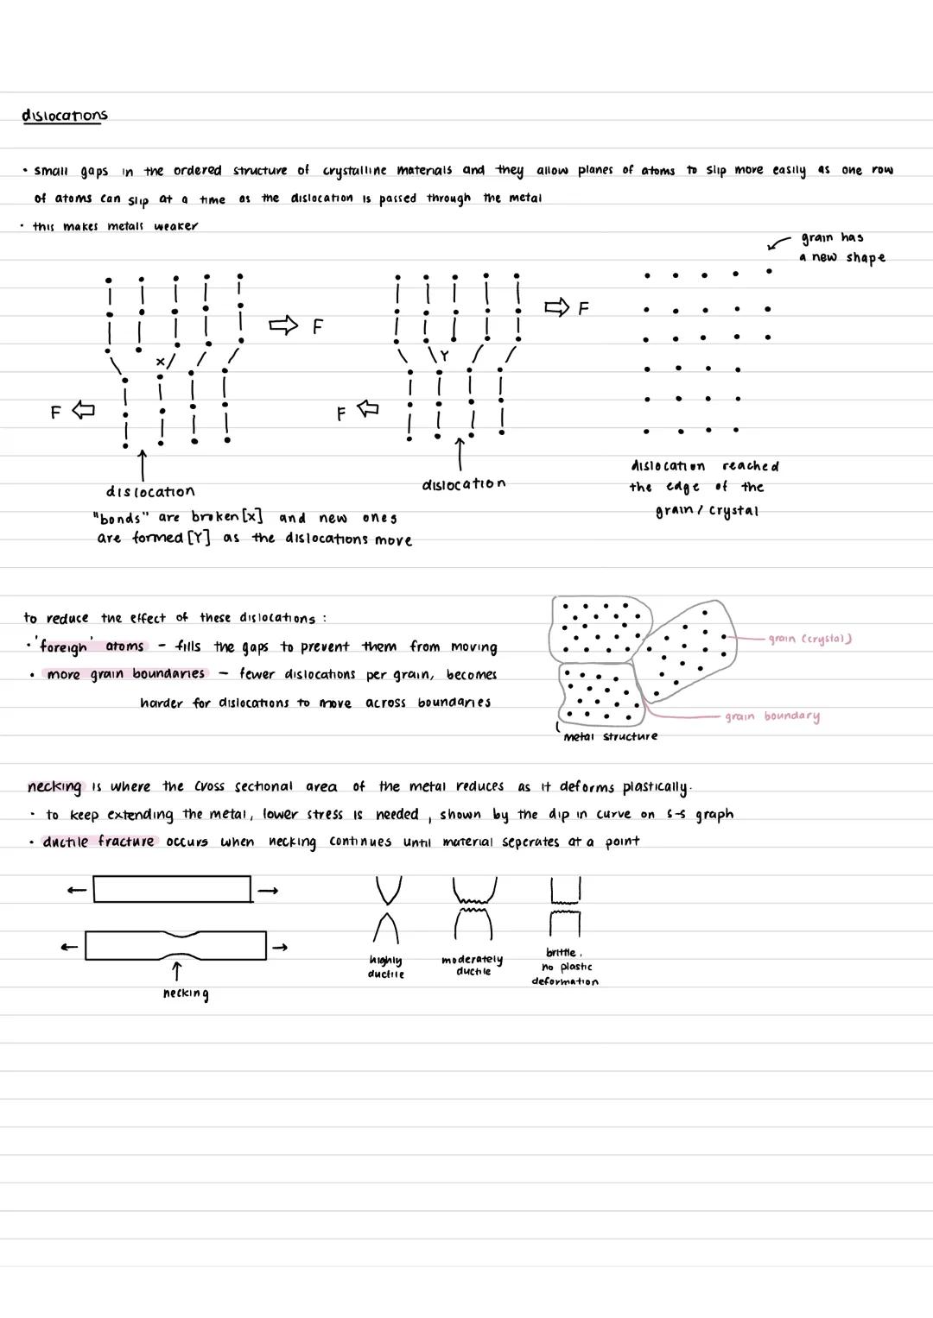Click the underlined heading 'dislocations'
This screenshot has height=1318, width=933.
pyautogui.click(x=65, y=116)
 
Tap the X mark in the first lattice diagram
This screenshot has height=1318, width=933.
pyautogui.click(x=159, y=362)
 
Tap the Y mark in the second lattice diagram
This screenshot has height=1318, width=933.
pyautogui.click(x=445, y=355)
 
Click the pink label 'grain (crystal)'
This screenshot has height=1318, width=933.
pyautogui.click(x=809, y=639)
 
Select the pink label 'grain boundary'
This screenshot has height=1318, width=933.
pyautogui.click(x=772, y=716)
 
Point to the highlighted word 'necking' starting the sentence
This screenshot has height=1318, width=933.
pyautogui.click(x=54, y=786)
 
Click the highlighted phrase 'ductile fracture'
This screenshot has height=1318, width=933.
pyautogui.click(x=98, y=842)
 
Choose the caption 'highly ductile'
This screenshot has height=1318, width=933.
pyautogui.click(x=385, y=967)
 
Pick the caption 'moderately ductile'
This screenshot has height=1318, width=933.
pyautogui.click(x=472, y=965)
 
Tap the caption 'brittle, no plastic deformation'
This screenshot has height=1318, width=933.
pyautogui.click(x=564, y=967)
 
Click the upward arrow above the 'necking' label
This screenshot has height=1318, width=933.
pyautogui.click(x=176, y=971)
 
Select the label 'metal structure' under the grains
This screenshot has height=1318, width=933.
pyautogui.click(x=610, y=736)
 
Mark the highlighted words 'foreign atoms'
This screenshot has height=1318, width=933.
pyautogui.click(x=92, y=646)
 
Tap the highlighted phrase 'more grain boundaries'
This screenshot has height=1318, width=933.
pyautogui.click(x=125, y=674)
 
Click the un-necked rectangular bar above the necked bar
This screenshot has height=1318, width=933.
pyautogui.click(x=172, y=889)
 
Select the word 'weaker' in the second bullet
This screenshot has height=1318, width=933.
pyautogui.click(x=176, y=226)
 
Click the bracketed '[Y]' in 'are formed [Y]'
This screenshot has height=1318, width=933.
pyautogui.click(x=199, y=539)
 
